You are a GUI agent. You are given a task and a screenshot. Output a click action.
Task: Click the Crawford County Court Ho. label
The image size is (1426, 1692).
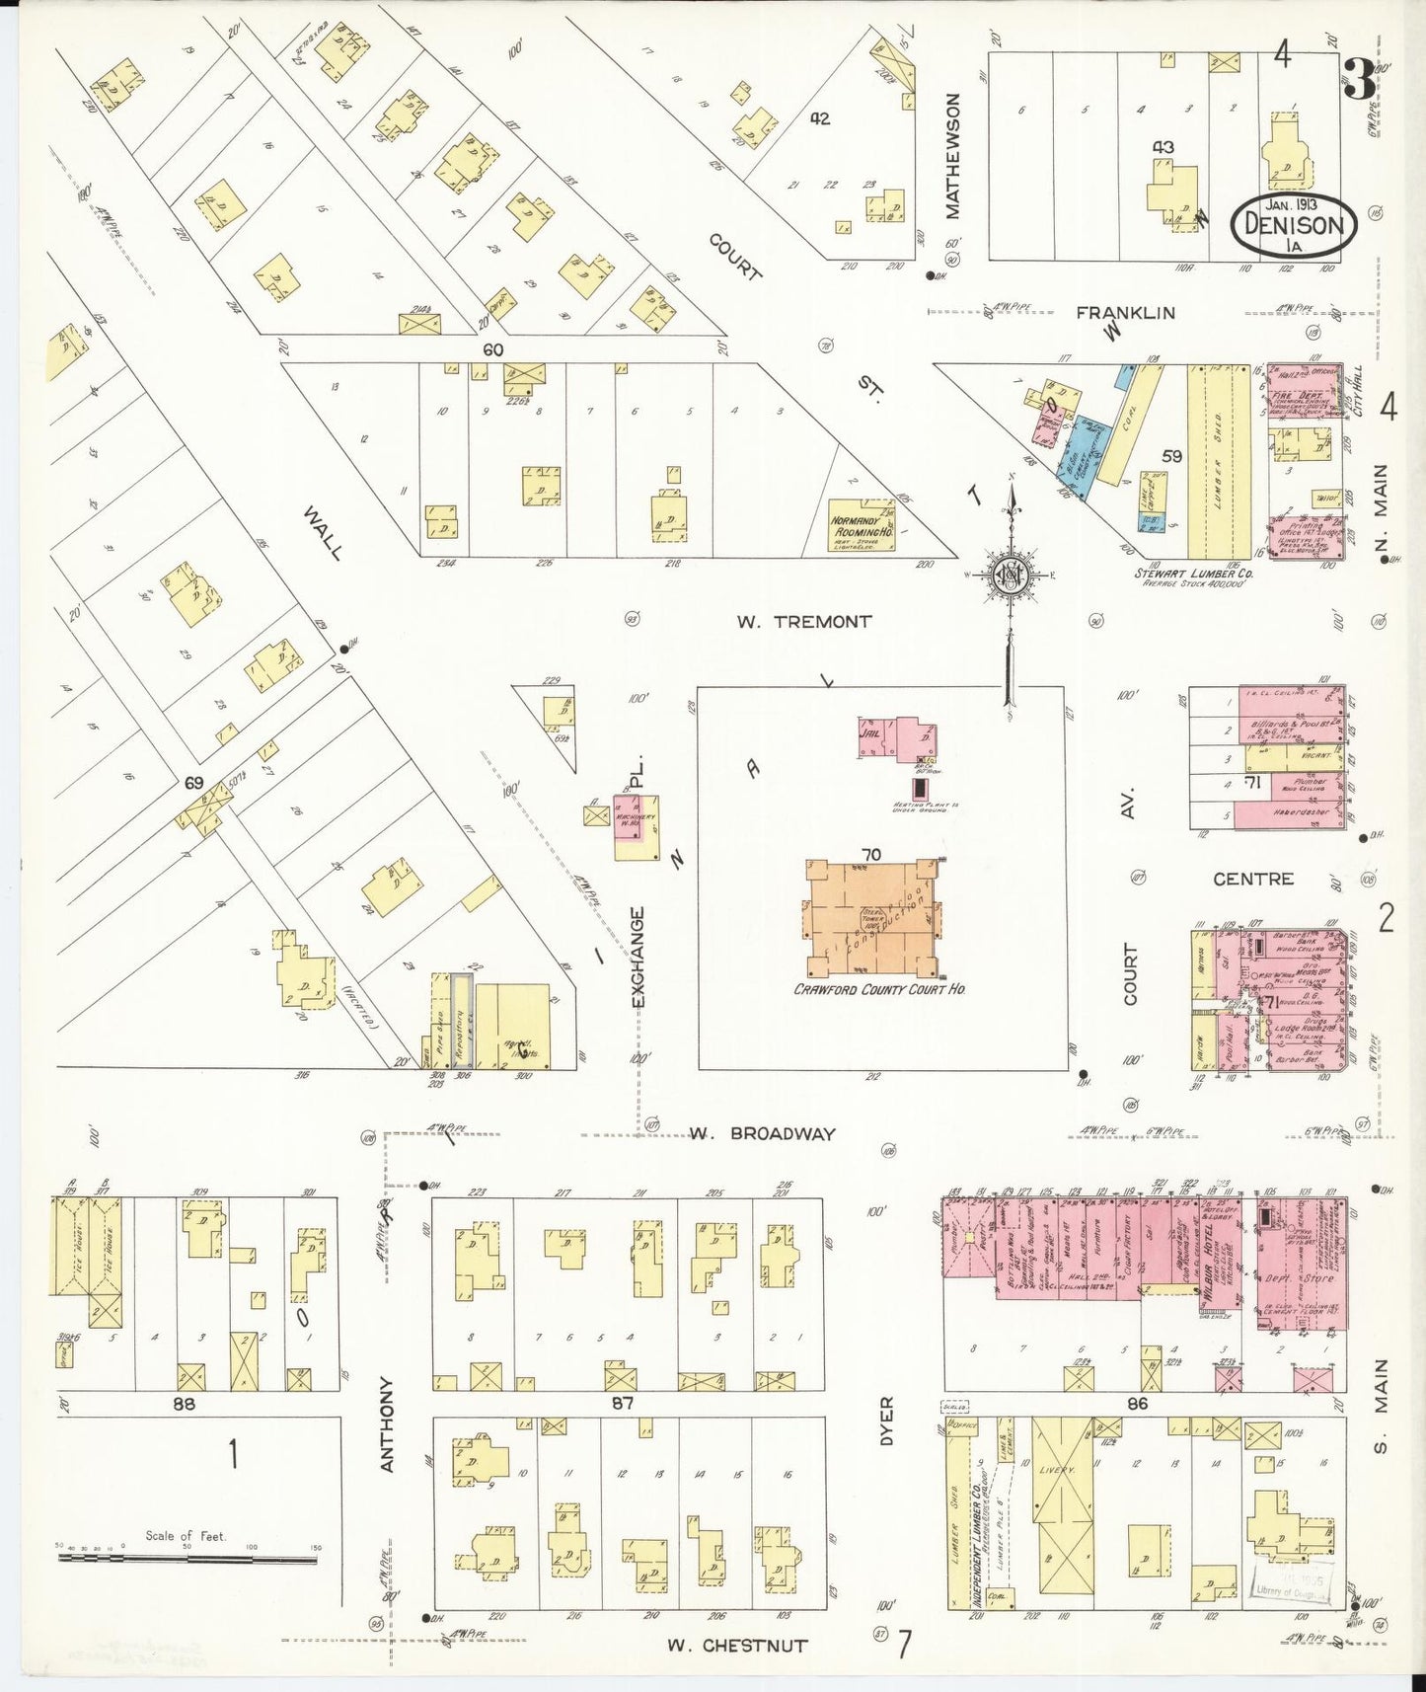coord(879,988)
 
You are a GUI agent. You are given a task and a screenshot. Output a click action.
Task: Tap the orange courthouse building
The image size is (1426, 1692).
coord(872,917)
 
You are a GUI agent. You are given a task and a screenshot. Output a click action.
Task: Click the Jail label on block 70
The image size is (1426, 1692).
coord(870,734)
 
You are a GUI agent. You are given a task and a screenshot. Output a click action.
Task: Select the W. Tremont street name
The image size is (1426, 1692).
coord(803,622)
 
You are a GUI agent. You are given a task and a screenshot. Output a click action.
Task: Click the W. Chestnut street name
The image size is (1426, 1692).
coord(736,1646)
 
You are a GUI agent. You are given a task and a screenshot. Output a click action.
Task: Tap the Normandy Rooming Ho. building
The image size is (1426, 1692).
coord(861,524)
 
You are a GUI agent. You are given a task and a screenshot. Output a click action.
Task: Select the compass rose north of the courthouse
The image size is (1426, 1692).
coord(1011,574)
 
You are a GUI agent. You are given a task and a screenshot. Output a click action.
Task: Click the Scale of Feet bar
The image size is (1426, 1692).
coord(188,1557)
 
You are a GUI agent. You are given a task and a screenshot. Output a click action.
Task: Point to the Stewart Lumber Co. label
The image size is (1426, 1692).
coord(1193,574)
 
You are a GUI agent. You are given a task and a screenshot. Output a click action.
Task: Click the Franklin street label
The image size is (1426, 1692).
coord(1125,313)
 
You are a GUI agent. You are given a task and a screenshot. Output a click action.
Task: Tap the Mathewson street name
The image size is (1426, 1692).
coord(952,156)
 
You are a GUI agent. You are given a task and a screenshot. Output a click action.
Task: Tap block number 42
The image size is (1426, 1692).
coord(819,118)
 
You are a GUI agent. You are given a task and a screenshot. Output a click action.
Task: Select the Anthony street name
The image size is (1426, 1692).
coord(387,1424)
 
